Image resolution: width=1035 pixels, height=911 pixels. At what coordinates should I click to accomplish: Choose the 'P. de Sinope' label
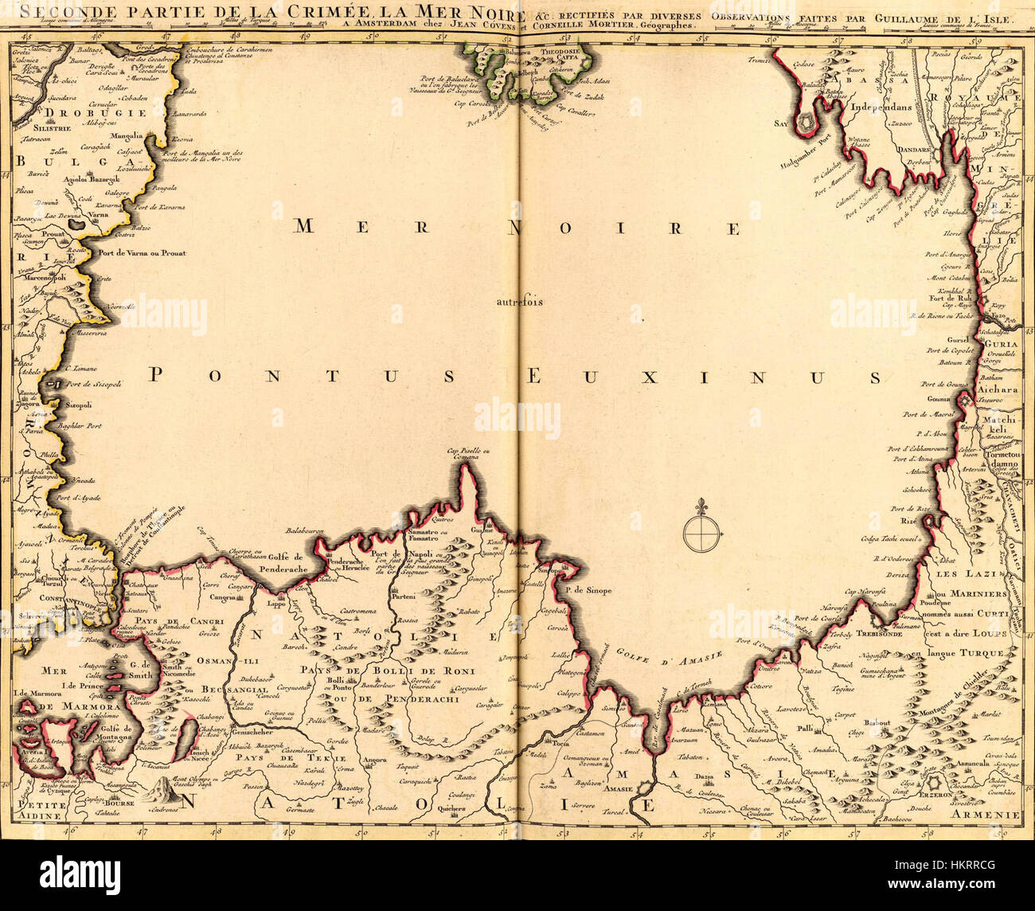588,591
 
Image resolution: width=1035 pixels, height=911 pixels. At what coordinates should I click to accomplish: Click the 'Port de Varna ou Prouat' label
142,253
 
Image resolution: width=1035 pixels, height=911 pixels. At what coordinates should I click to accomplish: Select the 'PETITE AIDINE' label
40,810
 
